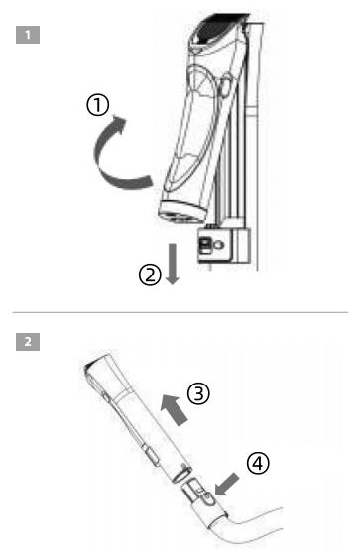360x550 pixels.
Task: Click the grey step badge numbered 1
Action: [x=28, y=35]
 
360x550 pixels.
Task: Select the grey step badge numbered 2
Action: [x=28, y=342]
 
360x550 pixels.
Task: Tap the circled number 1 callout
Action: [x=98, y=105]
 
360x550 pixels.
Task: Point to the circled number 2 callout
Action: [x=150, y=275]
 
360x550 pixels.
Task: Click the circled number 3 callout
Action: [x=198, y=393]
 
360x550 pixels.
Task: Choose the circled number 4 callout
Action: [x=258, y=463]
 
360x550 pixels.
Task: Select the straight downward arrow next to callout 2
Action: [x=173, y=265]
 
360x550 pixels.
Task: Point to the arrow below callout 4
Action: [x=227, y=485]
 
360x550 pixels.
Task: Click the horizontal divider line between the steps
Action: [x=180, y=312]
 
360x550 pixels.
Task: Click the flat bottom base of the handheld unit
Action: [x=182, y=211]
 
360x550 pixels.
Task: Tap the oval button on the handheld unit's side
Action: [x=226, y=85]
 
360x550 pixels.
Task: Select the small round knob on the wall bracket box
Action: [x=219, y=245]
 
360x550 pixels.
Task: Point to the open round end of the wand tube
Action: [x=182, y=475]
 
